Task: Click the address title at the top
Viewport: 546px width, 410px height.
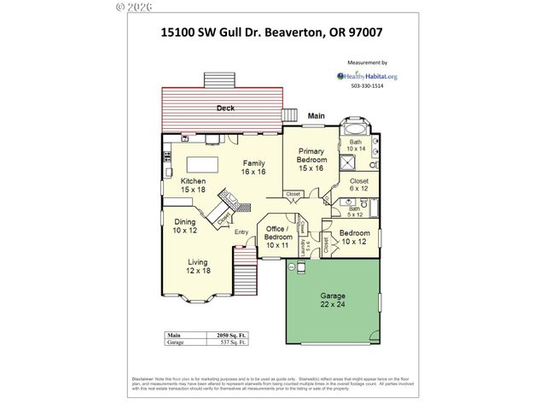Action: [271, 34]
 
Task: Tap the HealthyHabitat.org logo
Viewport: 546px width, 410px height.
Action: [368, 75]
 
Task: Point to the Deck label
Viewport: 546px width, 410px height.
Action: [225, 108]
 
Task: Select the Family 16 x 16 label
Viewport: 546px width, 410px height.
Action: [253, 167]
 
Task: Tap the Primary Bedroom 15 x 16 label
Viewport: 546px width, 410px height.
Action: [311, 160]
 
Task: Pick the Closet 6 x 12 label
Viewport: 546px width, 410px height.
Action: [358, 185]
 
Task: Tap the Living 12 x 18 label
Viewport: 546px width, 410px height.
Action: [199, 266]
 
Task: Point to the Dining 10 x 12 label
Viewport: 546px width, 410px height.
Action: [184, 226]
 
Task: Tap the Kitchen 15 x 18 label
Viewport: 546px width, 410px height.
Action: [193, 185]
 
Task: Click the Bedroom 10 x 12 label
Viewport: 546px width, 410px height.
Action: [353, 237]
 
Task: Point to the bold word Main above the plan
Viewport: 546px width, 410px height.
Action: [317, 115]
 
